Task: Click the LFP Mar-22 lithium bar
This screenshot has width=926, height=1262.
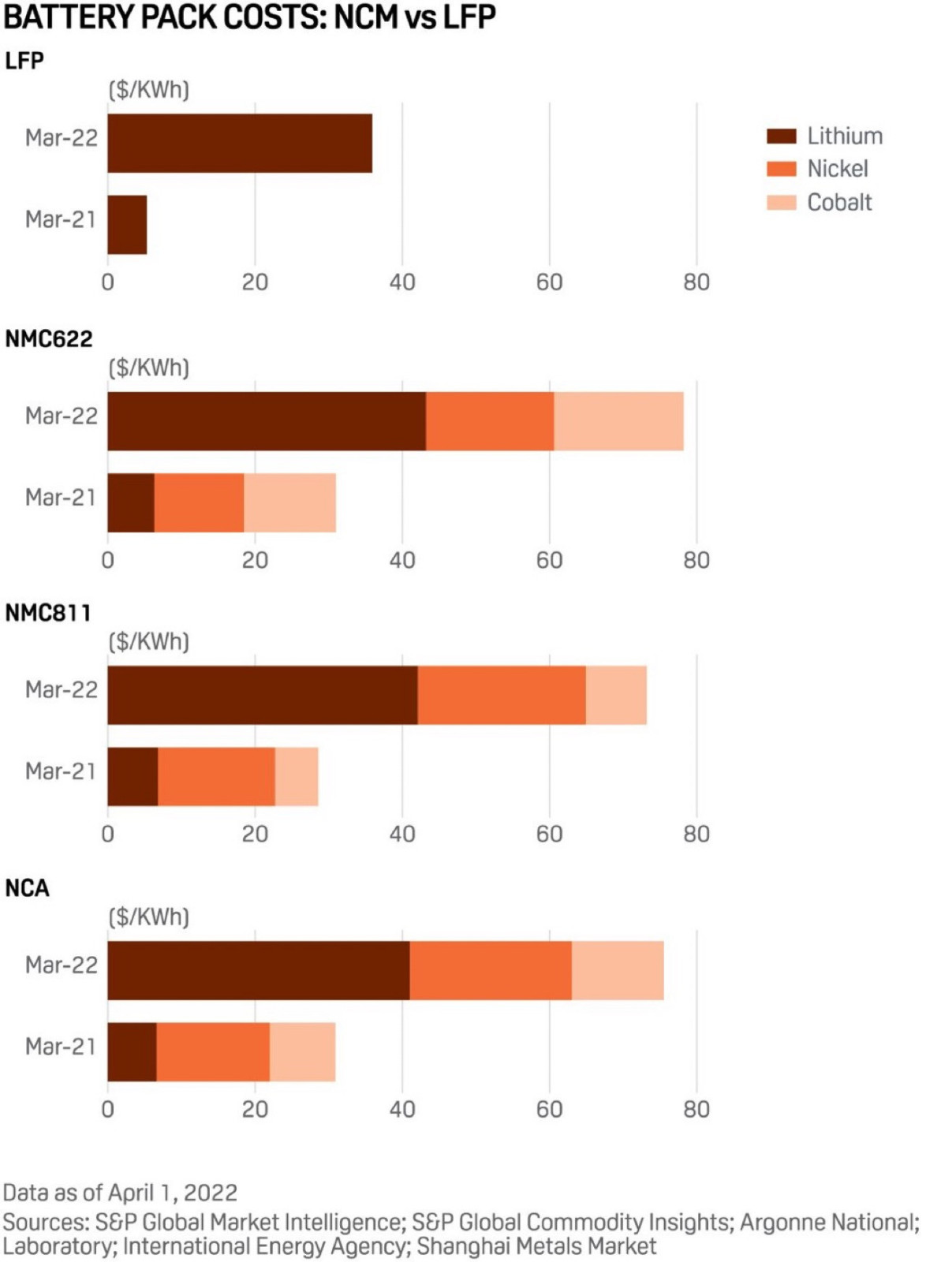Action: pos(240,144)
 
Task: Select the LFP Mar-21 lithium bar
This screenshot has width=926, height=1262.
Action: pos(127,225)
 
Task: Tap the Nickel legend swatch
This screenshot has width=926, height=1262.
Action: pos(781,169)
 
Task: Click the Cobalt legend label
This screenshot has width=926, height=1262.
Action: pos(839,203)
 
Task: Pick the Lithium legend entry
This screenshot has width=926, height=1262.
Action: pos(824,136)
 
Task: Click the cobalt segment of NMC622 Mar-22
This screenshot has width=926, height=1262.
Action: pos(618,421)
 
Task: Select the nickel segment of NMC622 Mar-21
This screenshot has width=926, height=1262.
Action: pos(199,502)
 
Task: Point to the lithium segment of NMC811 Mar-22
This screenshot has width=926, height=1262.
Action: pos(263,695)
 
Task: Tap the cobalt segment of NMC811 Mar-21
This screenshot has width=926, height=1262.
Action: pos(297,776)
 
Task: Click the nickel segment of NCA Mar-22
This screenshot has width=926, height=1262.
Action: pos(491,970)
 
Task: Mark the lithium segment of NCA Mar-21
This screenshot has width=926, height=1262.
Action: pos(132,1051)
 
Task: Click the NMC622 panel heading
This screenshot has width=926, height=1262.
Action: pos(49,339)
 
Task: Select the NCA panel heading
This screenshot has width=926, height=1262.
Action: pos(28,888)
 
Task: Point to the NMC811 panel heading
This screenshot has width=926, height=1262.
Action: pos(48,613)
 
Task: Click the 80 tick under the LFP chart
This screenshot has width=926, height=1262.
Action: pos(696,282)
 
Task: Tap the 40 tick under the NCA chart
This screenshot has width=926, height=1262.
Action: pos(402,1110)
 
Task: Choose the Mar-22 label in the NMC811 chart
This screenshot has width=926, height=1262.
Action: pos(62,690)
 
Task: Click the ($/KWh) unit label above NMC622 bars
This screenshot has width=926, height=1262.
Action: pos(149,368)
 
